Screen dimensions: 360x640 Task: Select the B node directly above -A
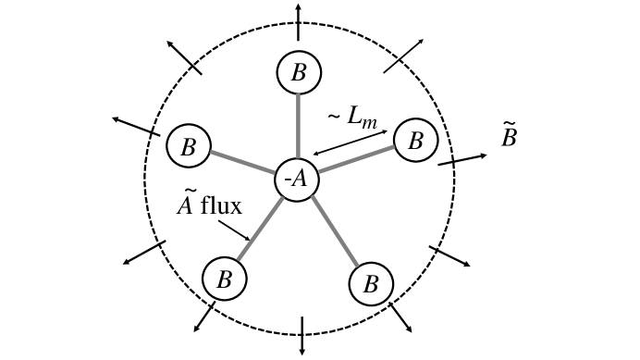tap(298, 72)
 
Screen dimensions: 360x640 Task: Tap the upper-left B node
tap(189, 145)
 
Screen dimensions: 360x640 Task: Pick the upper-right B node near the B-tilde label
tap(415, 141)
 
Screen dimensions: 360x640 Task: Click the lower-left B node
tap(223, 278)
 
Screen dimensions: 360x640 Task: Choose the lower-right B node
tap(371, 282)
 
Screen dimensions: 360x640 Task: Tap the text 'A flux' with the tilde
tap(209, 204)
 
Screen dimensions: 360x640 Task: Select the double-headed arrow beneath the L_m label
tap(351, 140)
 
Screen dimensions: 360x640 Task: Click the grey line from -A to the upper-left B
tap(243, 163)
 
